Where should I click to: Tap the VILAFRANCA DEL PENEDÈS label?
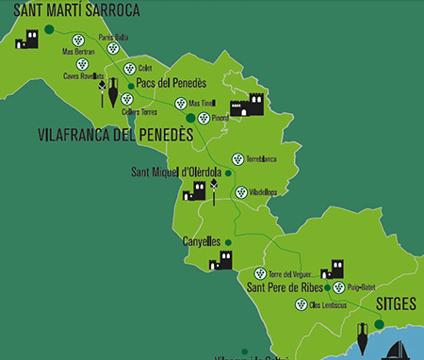115,135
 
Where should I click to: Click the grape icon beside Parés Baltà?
113,48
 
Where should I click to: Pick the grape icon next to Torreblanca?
237,159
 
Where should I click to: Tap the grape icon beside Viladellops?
241,192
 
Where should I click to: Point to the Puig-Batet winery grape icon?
339,286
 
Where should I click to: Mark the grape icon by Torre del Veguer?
260,273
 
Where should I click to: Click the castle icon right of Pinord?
246,106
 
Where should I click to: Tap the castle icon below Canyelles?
222,260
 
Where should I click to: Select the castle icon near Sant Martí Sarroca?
27,39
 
